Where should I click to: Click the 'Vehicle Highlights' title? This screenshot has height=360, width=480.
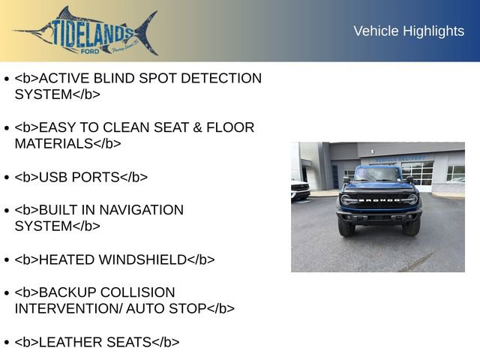409,31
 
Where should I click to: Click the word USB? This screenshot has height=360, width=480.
53,177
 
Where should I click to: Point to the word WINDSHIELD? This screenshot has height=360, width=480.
142,259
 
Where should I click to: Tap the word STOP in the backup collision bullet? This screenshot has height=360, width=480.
187,308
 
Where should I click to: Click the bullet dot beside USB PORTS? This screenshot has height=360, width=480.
7,178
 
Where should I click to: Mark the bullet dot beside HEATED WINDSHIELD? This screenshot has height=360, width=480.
7,260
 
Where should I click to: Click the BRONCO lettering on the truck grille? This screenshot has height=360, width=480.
379,200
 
